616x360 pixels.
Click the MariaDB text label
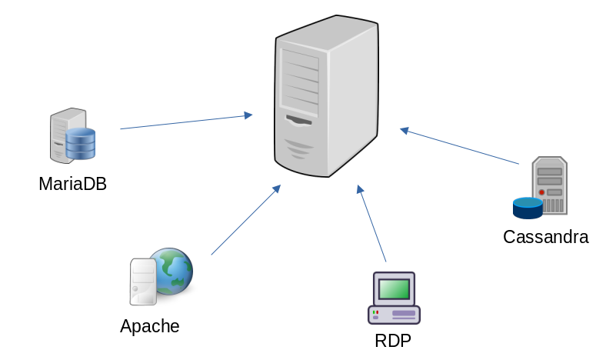point(72,184)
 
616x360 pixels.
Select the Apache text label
point(149,325)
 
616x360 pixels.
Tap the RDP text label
point(392,340)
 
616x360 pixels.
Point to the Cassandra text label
point(545,236)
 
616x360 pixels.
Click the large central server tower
point(327,96)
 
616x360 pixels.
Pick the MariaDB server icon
point(68,136)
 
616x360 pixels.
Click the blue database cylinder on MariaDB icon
point(80,144)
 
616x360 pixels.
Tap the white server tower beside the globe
point(142,282)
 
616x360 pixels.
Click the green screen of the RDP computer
point(394,289)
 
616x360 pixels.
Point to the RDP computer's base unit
point(394,314)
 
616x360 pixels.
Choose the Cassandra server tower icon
point(550,185)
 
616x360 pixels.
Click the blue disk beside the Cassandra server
point(528,207)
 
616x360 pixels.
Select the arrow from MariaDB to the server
point(185,122)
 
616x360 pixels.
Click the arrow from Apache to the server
point(245,220)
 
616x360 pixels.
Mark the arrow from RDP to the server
point(371,223)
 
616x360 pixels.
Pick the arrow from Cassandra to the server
point(460,146)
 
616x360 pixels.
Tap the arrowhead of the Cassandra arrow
point(404,130)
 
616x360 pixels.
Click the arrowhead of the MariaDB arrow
point(248,115)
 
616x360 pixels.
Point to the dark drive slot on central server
point(300,121)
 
